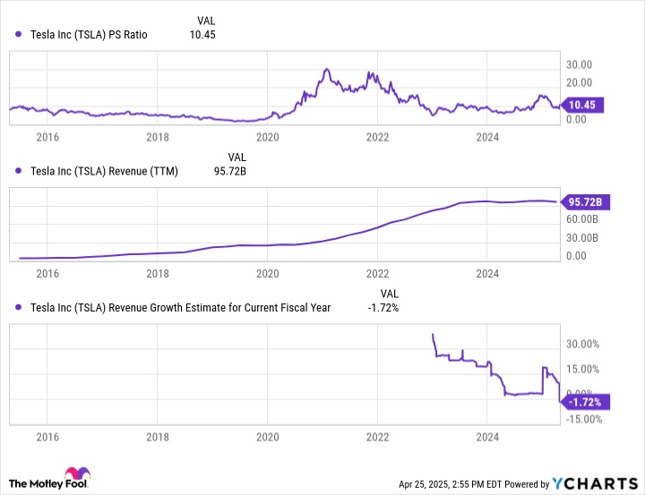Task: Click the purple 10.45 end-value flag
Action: coord(584,105)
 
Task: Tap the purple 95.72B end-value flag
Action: coord(585,202)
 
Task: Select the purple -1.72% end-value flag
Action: coord(585,401)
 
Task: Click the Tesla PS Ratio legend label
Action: coord(89,35)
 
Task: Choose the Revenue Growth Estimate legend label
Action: coord(180,307)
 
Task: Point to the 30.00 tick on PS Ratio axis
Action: coord(581,64)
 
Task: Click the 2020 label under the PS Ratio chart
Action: coord(268,137)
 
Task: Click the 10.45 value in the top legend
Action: coord(203,35)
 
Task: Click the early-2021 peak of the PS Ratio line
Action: coord(326,69)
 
